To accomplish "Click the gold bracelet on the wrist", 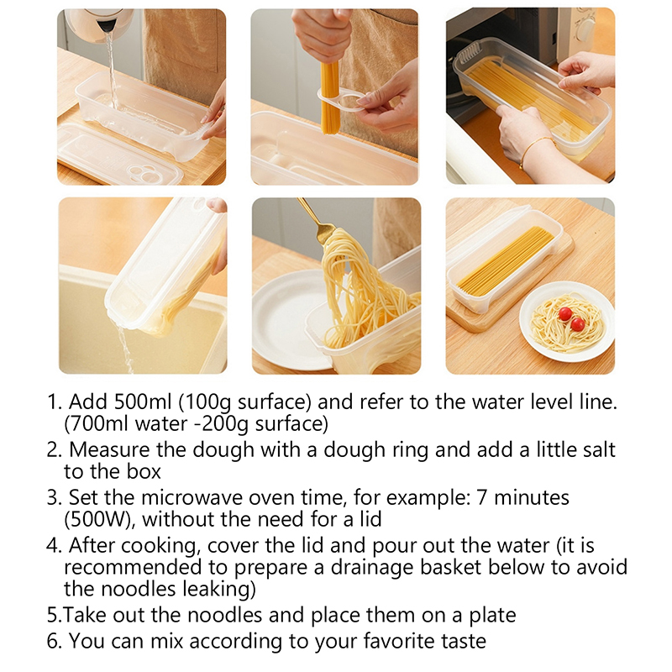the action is tap(536, 150).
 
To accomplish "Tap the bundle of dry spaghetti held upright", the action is tap(329, 97).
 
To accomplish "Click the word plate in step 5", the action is tap(492, 616).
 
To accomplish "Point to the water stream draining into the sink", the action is tap(125, 349).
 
